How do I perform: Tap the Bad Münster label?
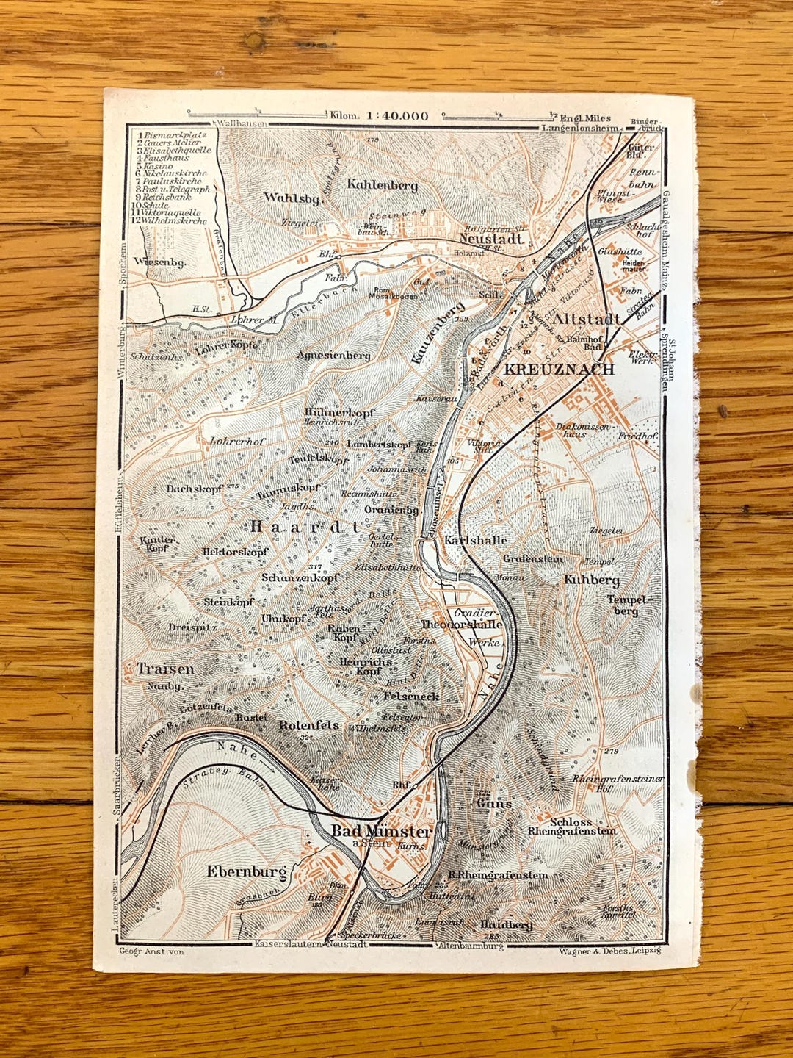tap(381, 832)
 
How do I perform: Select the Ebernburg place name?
tap(247, 872)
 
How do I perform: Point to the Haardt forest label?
tap(305, 526)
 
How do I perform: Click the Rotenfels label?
tap(309, 724)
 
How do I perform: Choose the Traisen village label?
tap(166, 669)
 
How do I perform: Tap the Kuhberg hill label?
tap(591, 580)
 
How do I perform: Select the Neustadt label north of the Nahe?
tap(490, 238)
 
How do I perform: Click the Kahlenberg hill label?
tap(383, 185)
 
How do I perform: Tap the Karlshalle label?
tap(476, 540)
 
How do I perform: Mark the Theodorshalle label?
tap(461, 625)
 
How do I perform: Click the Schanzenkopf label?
tap(300, 577)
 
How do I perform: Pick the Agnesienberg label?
tap(334, 355)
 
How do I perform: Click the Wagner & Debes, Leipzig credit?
tap(609, 951)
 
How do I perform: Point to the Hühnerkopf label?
tap(338, 413)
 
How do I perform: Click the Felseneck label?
tap(411, 695)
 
